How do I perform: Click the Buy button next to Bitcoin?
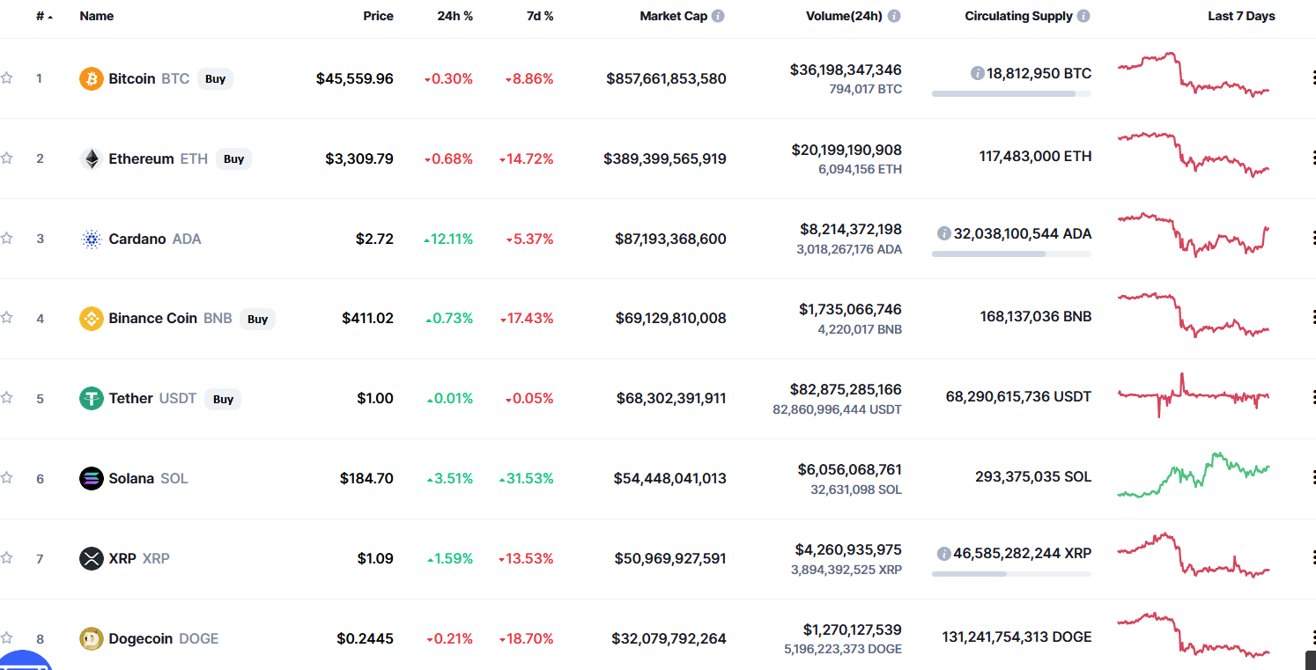[x=215, y=78]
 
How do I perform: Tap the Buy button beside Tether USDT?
[x=223, y=399]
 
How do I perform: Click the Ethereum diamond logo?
[x=91, y=158]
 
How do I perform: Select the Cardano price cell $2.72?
[x=374, y=239]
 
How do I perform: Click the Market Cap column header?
[x=673, y=17]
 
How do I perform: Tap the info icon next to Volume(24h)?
[x=893, y=17]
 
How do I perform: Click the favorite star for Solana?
[x=6, y=478]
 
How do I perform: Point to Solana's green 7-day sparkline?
[x=1194, y=475]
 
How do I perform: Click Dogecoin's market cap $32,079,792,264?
[x=669, y=638]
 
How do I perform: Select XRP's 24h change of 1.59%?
[x=450, y=558]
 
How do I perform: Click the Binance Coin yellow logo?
[x=91, y=318]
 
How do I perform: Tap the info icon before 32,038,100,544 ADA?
[x=943, y=233]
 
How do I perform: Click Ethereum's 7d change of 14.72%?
[x=527, y=159]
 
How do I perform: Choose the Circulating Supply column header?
[x=1019, y=17]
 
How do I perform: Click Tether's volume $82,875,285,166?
[x=846, y=389]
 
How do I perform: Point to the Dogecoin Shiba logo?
[x=91, y=638]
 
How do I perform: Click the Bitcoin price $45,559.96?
[x=354, y=78]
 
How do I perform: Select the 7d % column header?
[x=540, y=17]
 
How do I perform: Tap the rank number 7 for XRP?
[x=40, y=558]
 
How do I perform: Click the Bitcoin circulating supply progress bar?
[x=1011, y=94]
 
